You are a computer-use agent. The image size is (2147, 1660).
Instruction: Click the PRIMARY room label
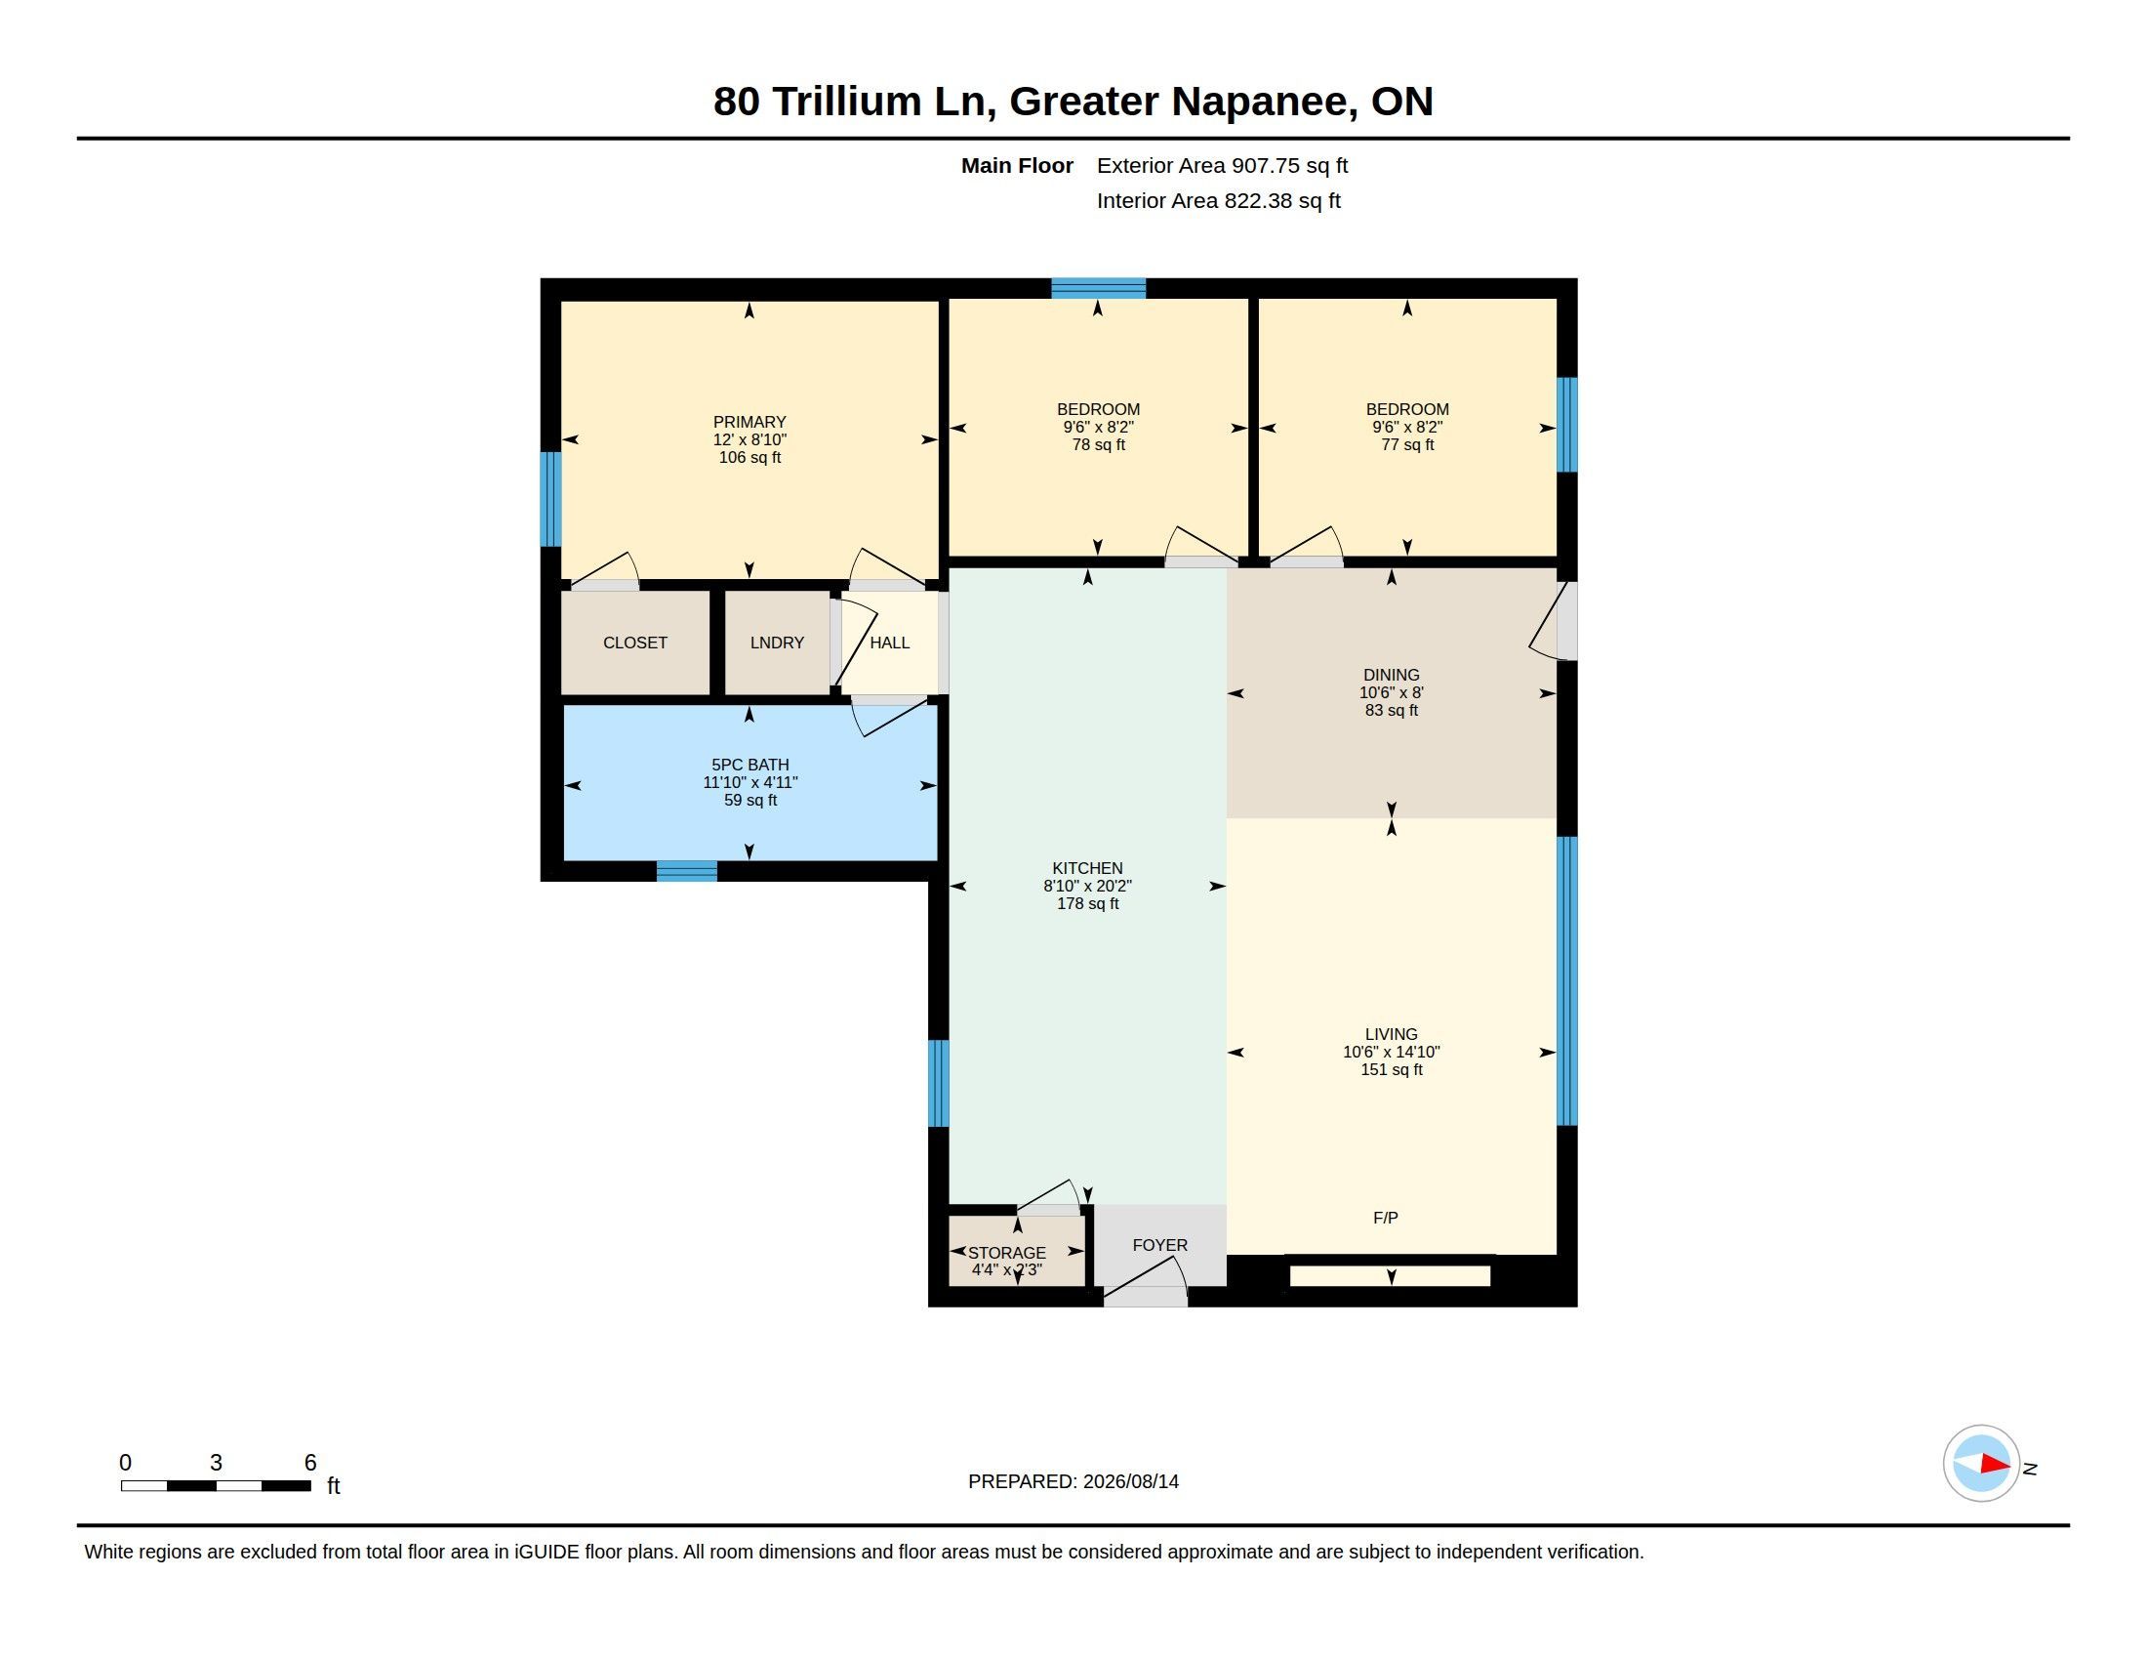point(749,422)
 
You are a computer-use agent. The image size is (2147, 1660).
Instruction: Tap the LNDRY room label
point(777,643)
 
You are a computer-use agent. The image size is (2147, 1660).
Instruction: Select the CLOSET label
point(635,643)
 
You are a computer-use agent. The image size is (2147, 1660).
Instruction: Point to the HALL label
point(890,643)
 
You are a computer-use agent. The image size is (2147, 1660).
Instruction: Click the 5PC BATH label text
point(750,765)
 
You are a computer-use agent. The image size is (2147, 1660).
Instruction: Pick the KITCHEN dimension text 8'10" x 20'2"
point(1087,885)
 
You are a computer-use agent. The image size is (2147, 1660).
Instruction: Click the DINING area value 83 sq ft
point(1391,710)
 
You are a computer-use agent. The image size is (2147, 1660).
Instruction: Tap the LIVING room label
point(1391,1033)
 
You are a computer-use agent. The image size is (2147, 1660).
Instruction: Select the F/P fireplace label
point(1385,1218)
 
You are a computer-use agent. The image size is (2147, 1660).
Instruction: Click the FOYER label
point(1160,1245)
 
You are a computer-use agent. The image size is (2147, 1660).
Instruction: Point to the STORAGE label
point(1007,1253)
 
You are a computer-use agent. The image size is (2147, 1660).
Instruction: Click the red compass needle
point(1995,1465)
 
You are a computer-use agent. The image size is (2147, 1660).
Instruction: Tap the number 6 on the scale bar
point(310,1463)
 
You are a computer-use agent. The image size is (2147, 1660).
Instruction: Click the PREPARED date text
point(1073,1481)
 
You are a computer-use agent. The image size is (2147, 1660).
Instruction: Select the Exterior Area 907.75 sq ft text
point(1222,165)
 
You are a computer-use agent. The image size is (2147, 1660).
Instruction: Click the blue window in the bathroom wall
point(687,870)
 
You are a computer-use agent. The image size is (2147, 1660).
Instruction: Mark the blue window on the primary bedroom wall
point(550,499)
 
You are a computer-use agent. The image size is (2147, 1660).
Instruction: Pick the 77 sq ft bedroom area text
point(1406,444)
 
